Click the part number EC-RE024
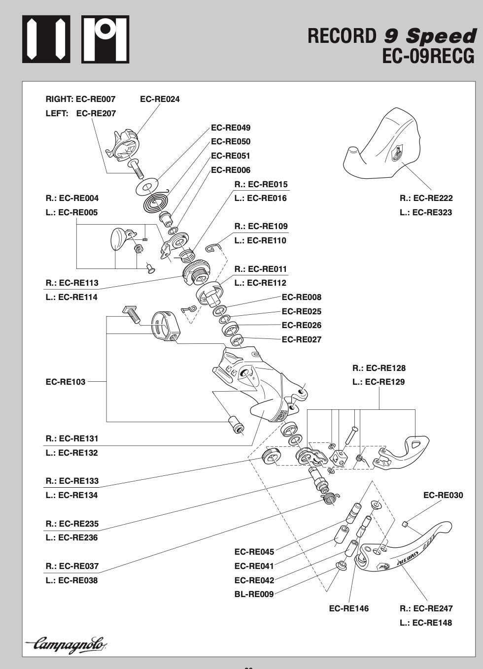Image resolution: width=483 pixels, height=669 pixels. (x=160, y=99)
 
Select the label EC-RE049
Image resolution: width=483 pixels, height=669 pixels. (x=231, y=128)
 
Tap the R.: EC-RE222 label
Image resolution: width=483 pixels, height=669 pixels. (x=426, y=198)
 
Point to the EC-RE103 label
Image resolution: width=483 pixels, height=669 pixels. (x=66, y=382)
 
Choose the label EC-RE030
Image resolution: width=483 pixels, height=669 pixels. (x=443, y=495)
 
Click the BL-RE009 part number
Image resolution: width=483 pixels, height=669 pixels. (x=254, y=594)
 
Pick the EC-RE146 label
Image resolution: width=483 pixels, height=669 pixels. (x=348, y=608)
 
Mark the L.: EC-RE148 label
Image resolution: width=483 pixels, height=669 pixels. (x=426, y=623)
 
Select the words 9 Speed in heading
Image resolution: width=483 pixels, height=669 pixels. (x=430, y=35)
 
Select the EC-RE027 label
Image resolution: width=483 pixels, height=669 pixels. (x=301, y=339)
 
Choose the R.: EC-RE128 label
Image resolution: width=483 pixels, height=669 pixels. (x=379, y=368)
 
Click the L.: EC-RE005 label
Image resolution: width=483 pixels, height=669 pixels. (x=72, y=212)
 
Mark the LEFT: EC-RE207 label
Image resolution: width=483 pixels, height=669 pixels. (x=81, y=113)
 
